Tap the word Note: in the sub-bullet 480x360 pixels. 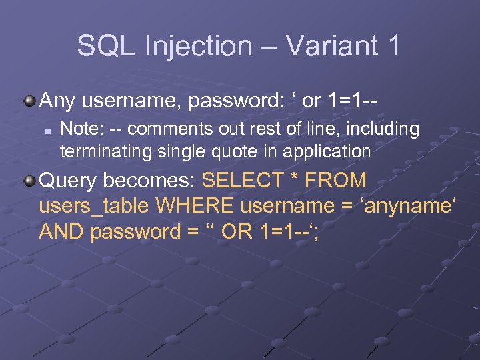79,129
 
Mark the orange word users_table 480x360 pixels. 94,206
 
